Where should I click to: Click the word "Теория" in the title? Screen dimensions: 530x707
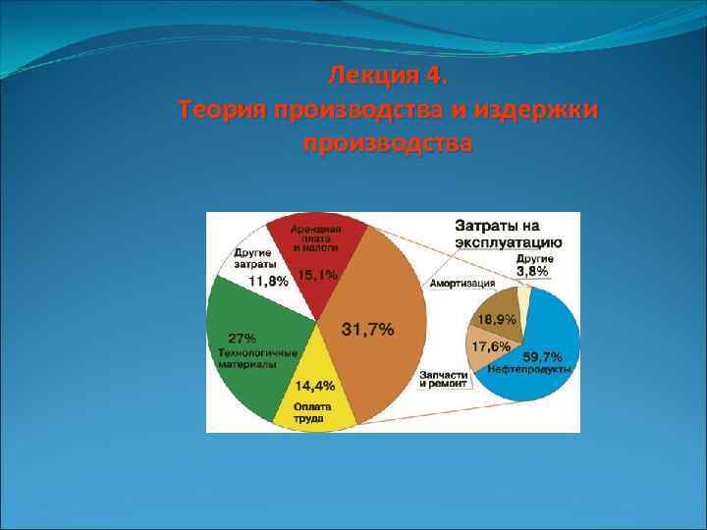225,110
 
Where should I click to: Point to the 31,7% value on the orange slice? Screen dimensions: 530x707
368,330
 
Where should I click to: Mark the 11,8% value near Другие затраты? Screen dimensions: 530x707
268,281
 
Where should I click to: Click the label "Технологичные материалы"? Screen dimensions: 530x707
252,357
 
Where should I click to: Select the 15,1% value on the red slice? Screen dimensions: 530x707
318,276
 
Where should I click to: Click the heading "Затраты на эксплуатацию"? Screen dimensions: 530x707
508,234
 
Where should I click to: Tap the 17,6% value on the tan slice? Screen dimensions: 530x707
490,347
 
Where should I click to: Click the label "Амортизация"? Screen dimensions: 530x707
462,284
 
